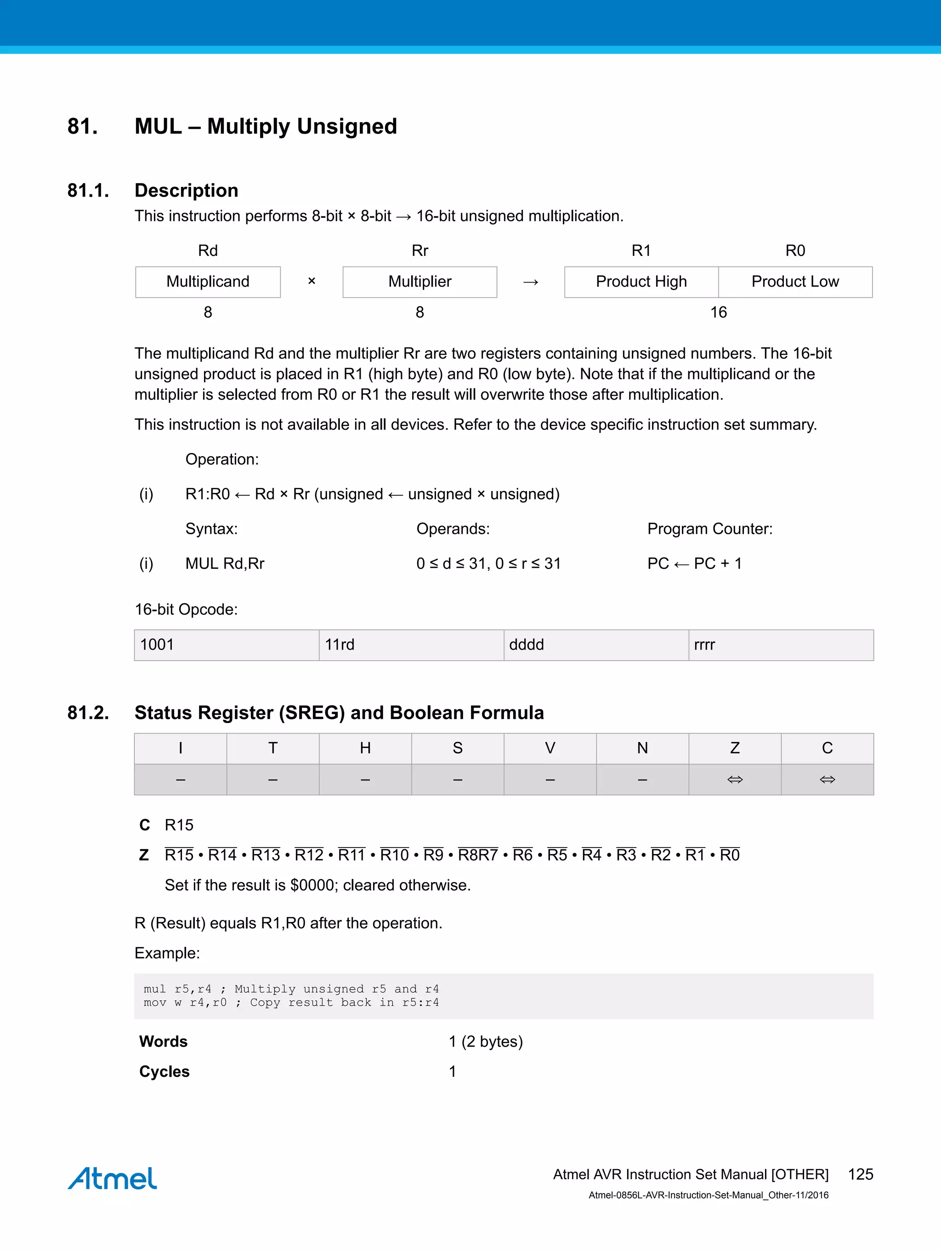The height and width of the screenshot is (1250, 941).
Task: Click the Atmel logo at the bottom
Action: tap(112, 1179)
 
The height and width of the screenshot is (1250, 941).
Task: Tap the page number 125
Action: tap(860, 1174)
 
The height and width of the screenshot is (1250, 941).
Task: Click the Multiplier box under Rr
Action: tap(419, 282)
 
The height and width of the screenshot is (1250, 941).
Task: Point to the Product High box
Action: tap(641, 282)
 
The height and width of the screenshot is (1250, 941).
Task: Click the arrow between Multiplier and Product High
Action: tap(530, 282)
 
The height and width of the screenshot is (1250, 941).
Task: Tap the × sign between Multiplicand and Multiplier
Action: tap(312, 281)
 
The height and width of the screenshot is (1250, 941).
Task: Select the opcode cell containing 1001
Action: tap(226, 645)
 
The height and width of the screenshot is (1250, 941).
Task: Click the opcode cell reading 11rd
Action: tap(411, 645)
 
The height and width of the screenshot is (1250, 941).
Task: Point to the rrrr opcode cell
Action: tap(781, 645)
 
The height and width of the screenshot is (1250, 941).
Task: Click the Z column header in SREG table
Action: tap(735, 748)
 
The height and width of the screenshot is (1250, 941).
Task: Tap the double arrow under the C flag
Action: tap(827, 780)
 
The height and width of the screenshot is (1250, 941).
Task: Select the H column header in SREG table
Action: tap(365, 748)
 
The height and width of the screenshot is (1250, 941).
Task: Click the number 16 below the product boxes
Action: tap(718, 312)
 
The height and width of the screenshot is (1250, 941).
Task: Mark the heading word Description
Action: tap(186, 191)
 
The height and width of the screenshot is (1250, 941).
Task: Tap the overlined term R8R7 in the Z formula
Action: tap(477, 855)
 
